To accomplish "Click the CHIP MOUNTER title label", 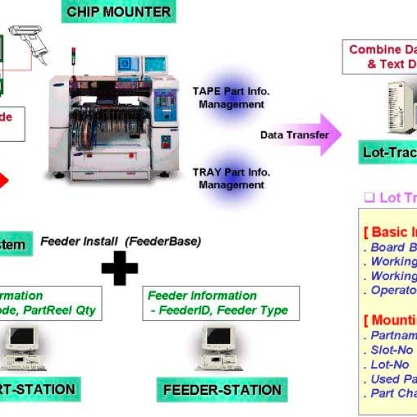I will [x=118, y=12].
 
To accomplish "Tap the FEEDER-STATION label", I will [x=222, y=390].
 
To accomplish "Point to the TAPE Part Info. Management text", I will [x=231, y=97].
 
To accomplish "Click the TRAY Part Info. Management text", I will [x=231, y=179].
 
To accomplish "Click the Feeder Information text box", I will [x=221, y=303].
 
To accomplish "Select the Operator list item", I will [x=393, y=290].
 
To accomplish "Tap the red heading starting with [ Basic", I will [x=390, y=232].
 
